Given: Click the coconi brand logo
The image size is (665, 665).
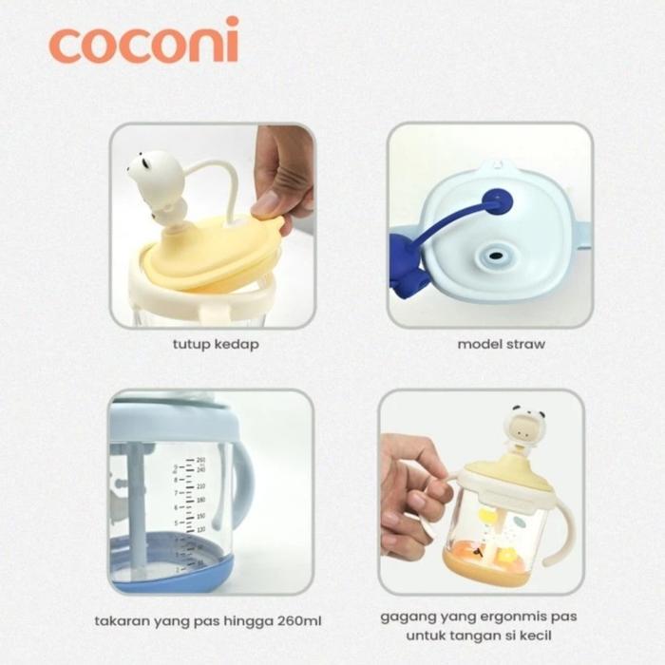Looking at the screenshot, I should click(143, 44).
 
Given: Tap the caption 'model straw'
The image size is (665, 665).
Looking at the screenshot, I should click(501, 344).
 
